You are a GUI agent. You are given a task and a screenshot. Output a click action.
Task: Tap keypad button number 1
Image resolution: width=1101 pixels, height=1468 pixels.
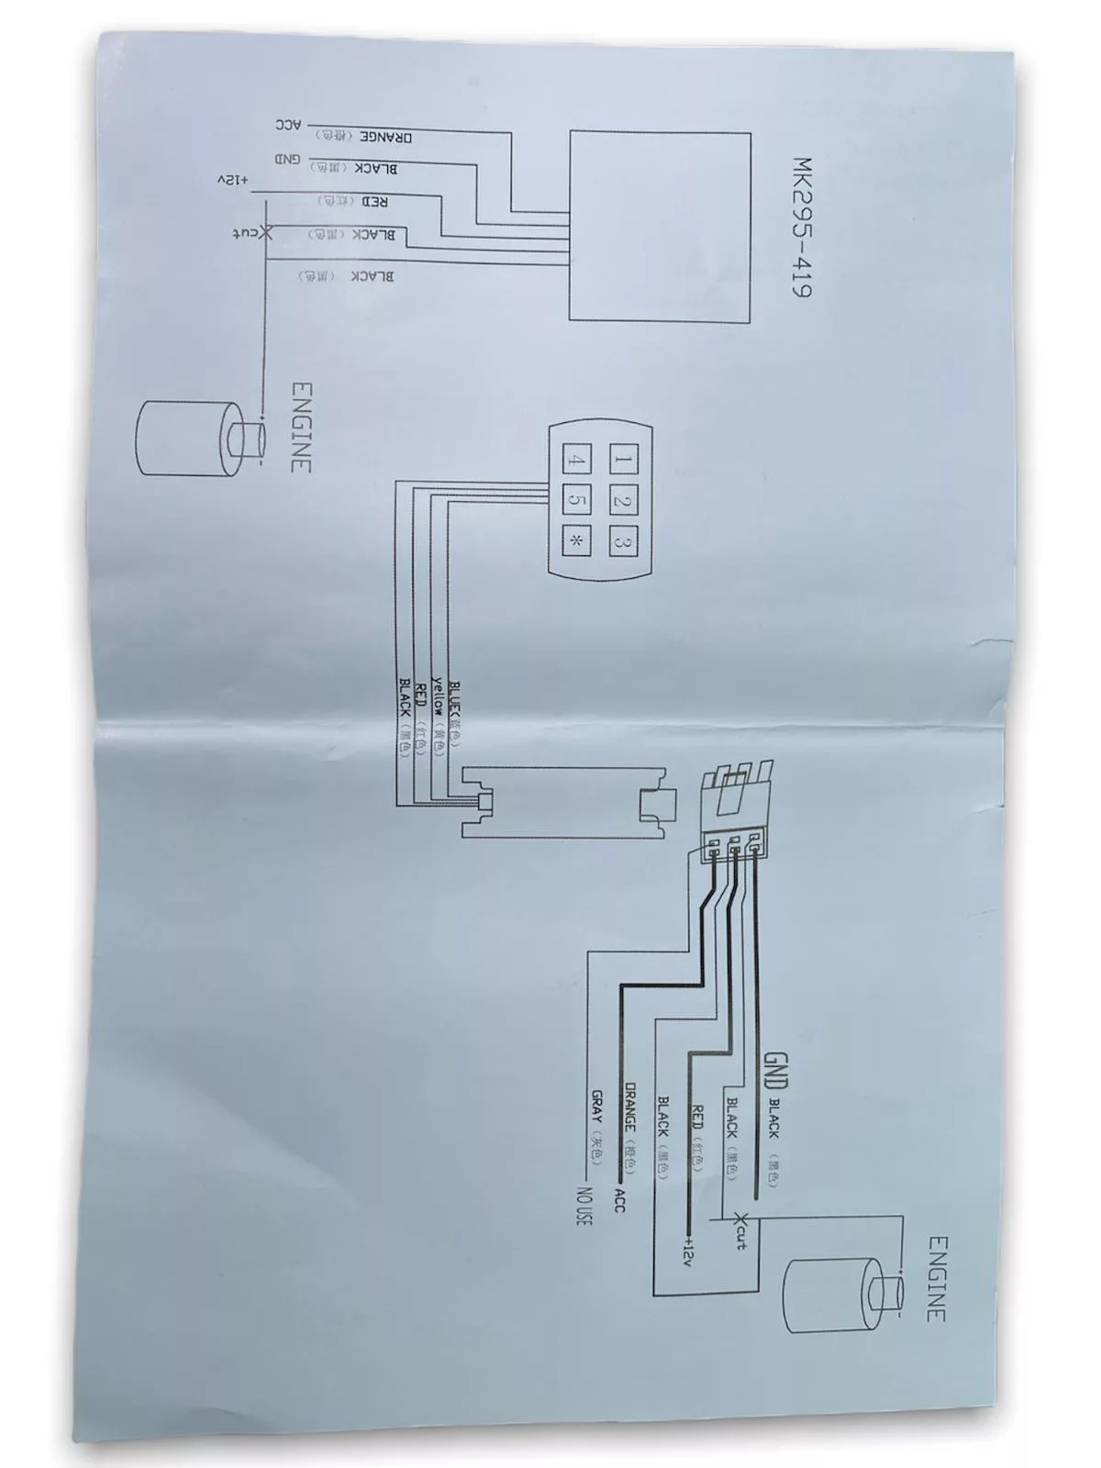[x=622, y=459]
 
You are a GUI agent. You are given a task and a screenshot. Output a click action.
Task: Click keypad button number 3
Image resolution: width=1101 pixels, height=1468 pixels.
[x=622, y=542]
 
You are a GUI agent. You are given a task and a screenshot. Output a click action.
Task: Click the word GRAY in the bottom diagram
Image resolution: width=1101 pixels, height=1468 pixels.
[x=596, y=1109]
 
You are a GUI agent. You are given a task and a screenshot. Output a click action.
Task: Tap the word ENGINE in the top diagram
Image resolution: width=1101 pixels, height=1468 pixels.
[x=300, y=428]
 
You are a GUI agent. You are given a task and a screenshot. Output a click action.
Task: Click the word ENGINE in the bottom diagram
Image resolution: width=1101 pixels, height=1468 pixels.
[x=935, y=1279]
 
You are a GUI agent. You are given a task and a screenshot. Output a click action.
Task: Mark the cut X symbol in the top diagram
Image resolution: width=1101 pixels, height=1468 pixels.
[x=265, y=233]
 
